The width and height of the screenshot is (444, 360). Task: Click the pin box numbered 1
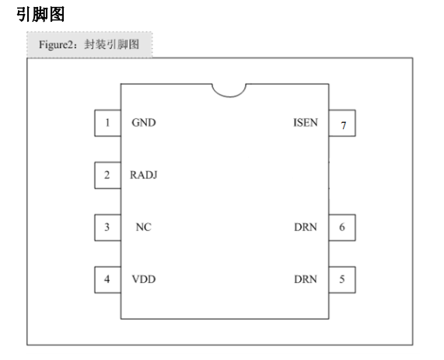pyautogui.click(x=107, y=123)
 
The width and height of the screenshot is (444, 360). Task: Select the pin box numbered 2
pyautogui.click(x=107, y=175)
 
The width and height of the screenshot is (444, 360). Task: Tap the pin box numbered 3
pyautogui.click(x=107, y=228)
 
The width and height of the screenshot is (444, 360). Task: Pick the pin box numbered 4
pyautogui.click(x=107, y=280)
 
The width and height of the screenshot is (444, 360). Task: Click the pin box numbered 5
pyautogui.click(x=342, y=280)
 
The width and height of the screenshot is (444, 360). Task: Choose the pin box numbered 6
pyautogui.click(x=342, y=228)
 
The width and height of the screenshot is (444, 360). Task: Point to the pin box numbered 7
pyautogui.click(x=342, y=123)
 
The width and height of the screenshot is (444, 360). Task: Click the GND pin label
pyautogui.click(x=144, y=123)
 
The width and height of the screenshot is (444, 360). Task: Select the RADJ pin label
pyautogui.click(x=144, y=175)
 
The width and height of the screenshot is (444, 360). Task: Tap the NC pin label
pyautogui.click(x=144, y=227)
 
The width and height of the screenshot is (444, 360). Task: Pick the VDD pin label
pyautogui.click(x=144, y=279)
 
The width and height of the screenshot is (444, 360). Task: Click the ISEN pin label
pyautogui.click(x=306, y=123)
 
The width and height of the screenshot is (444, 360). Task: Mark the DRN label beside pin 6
pyautogui.click(x=306, y=227)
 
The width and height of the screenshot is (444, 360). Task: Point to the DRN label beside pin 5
pyautogui.click(x=306, y=279)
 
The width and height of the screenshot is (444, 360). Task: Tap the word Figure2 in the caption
pyautogui.click(x=56, y=45)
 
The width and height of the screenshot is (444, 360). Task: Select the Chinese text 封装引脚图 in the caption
pyautogui.click(x=111, y=44)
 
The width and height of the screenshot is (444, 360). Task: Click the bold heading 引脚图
pyautogui.click(x=40, y=15)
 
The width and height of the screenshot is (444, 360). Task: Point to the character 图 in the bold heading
pyautogui.click(x=57, y=15)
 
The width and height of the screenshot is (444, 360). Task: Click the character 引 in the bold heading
pyautogui.click(x=24, y=15)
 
